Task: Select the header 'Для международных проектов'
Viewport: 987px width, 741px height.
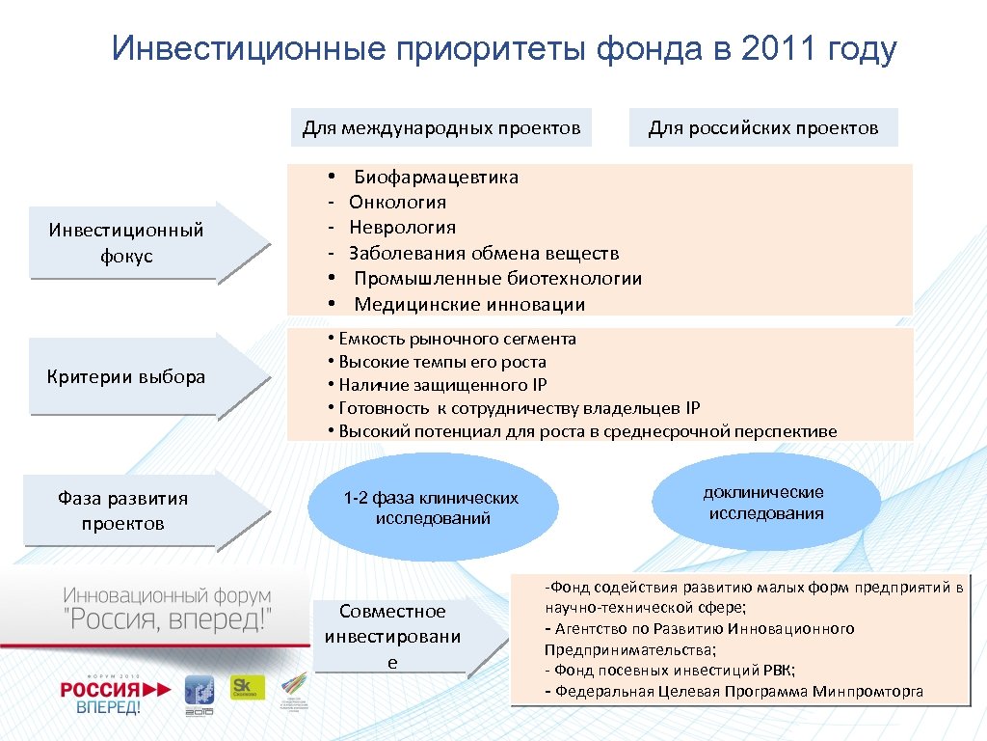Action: (441, 128)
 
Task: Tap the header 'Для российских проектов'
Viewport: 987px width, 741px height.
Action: (762, 128)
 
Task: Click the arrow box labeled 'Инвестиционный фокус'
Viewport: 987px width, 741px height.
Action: (126, 243)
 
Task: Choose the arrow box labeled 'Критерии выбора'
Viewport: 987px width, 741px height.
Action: (126, 377)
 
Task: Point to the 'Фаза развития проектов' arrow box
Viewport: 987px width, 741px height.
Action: (122, 511)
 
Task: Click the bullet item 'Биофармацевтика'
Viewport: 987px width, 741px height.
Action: (436, 177)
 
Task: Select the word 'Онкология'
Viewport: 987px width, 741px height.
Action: (397, 202)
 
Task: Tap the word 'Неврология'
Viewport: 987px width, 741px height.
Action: (402, 228)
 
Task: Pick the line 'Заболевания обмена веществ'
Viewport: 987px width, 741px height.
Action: (484, 254)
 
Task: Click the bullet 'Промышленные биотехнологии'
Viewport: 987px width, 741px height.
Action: (497, 279)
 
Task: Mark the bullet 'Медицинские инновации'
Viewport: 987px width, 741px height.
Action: (469, 305)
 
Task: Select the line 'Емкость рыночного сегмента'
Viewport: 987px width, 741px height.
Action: (457, 339)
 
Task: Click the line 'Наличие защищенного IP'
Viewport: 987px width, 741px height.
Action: (442, 385)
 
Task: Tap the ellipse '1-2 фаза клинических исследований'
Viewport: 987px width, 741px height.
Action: (432, 508)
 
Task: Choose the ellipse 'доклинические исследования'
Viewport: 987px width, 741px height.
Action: (765, 503)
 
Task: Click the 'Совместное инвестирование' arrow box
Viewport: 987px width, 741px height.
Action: (392, 636)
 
